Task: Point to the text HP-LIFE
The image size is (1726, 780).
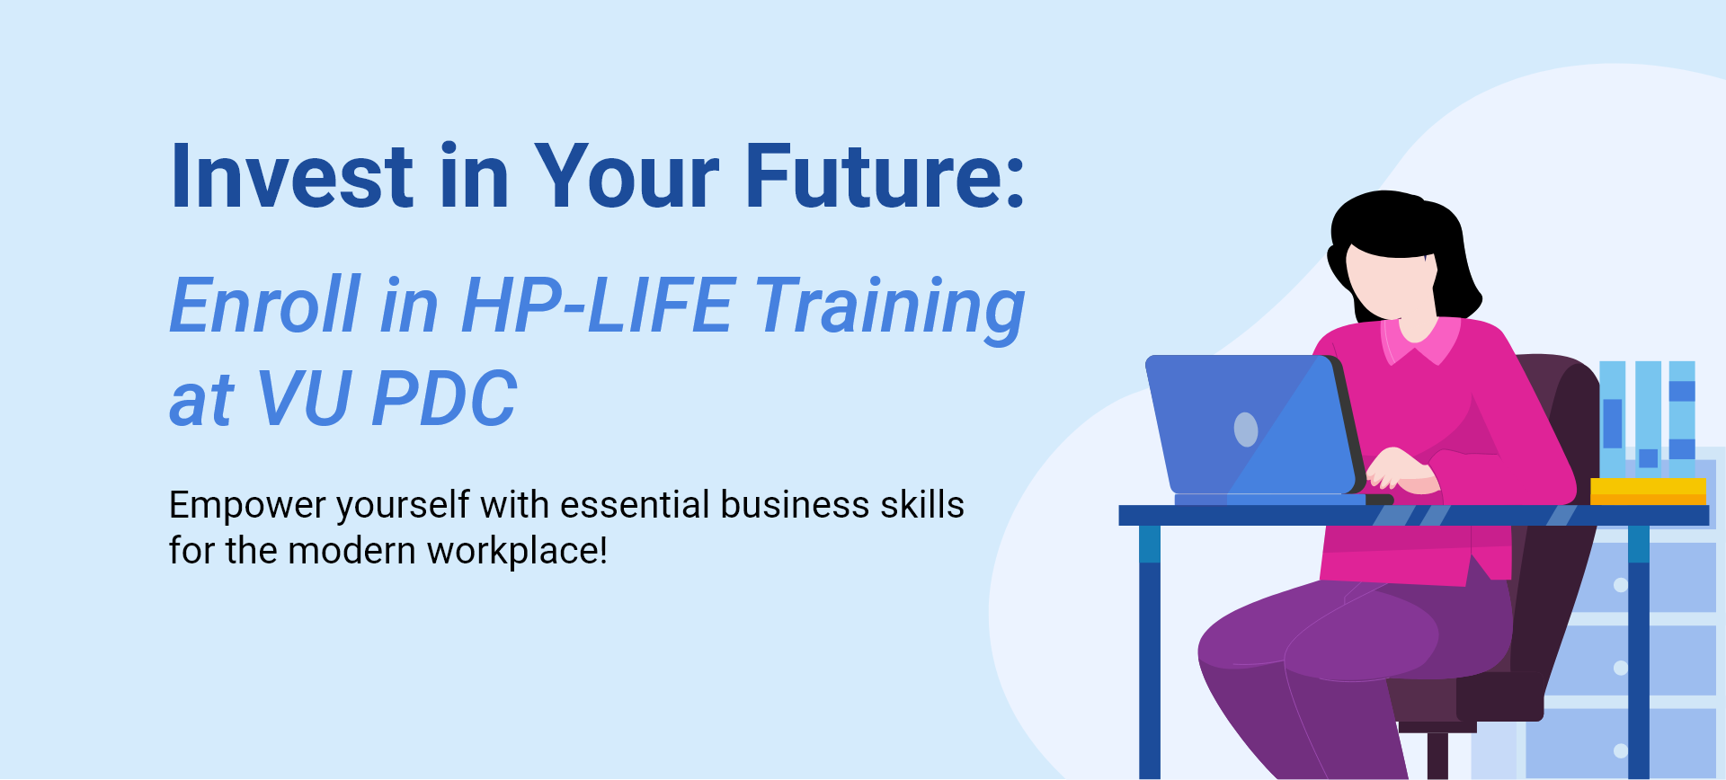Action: click(x=597, y=306)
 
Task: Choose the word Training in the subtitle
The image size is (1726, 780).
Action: click(x=890, y=309)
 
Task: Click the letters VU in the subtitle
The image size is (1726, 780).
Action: click(x=303, y=399)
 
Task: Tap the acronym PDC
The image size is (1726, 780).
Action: click(x=444, y=399)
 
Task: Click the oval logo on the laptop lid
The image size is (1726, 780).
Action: click(x=1246, y=430)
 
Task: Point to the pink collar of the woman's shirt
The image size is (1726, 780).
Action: click(x=1420, y=341)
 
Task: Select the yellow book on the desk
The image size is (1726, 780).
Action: click(x=1648, y=492)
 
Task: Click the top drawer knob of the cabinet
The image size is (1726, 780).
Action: click(x=1621, y=585)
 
